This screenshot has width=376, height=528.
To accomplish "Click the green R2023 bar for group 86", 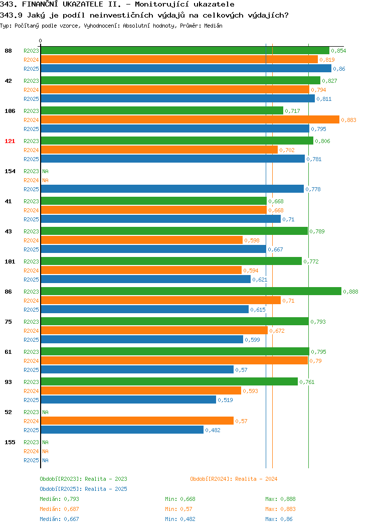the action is click(191, 291).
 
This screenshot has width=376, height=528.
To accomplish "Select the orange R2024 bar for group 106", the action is click(190, 119).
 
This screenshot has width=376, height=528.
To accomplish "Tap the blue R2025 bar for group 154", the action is click(172, 189).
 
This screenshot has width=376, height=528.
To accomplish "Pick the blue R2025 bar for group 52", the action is click(122, 430).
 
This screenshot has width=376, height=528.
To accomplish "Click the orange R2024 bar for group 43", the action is click(141, 240).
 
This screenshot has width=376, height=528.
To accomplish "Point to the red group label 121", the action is click(10, 141).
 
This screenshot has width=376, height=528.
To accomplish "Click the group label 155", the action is click(10, 442).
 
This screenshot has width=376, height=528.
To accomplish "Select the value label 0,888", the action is click(350, 292).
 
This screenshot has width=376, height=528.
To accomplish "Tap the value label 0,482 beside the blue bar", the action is click(213, 430).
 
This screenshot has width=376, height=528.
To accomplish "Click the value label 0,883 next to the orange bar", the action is click(348, 120).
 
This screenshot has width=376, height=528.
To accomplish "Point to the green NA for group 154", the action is click(46, 171).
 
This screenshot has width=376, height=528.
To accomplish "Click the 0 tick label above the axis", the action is click(41, 41).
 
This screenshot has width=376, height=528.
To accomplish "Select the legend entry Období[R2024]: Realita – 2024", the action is click(234, 479).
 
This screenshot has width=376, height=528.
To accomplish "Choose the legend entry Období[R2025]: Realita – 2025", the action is click(83, 489).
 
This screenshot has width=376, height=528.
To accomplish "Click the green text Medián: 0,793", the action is click(59, 499).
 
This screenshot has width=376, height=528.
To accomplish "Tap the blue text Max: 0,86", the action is click(279, 519).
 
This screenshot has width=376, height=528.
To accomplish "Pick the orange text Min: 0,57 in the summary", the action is click(178, 509).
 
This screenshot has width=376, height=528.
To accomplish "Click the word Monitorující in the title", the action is click(161, 5).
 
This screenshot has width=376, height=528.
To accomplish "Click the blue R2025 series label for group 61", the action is click(31, 370).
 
